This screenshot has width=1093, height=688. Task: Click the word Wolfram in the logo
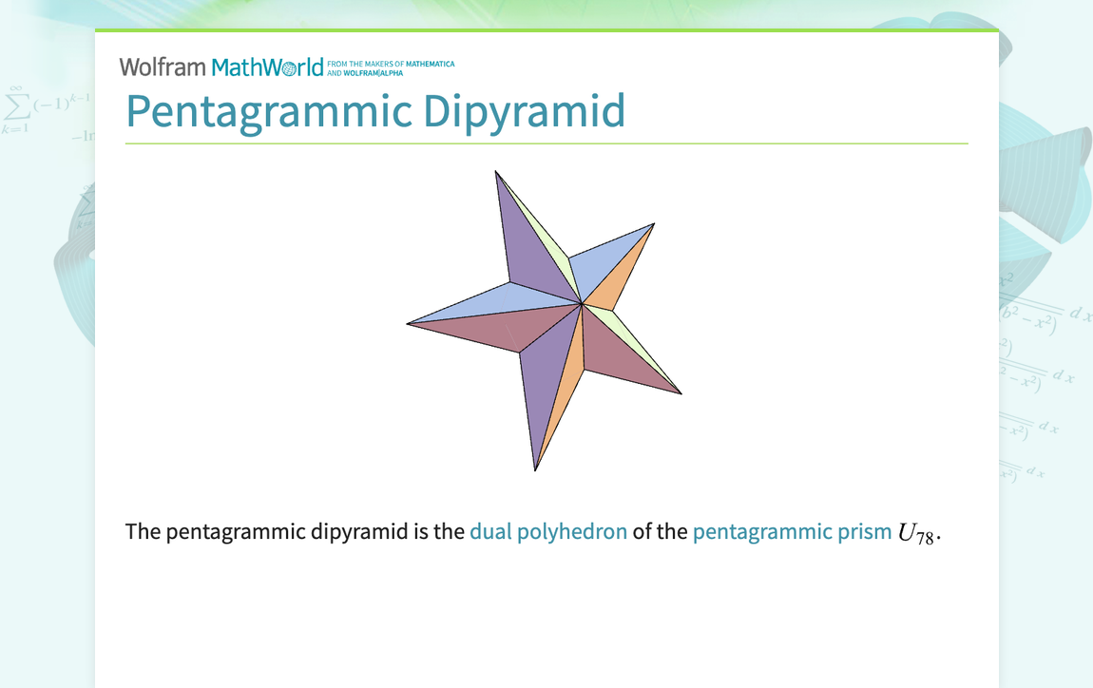[162, 67]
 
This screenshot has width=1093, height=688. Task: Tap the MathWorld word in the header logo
[267, 67]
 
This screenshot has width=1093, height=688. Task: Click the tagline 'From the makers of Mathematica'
[391, 64]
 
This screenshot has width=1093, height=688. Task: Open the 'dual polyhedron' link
[548, 531]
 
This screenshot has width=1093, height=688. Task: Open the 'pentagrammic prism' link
[792, 531]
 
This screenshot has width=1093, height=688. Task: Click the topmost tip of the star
[495, 172]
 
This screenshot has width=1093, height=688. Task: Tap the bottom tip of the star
[536, 469]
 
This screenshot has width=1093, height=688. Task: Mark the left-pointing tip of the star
[409, 323]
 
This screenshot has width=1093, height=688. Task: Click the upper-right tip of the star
[653, 224]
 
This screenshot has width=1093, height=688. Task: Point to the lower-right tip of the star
[681, 392]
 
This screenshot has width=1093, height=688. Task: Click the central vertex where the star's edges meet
[582, 304]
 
